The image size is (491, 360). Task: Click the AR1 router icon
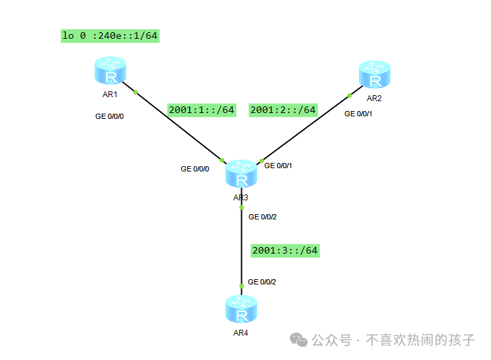(x=110, y=71)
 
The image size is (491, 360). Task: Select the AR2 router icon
(x=375, y=74)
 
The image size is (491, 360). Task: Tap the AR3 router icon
(x=241, y=173)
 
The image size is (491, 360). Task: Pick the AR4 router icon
(x=241, y=309)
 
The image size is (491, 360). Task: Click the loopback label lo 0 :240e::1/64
(x=110, y=35)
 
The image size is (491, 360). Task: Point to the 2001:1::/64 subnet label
(x=202, y=110)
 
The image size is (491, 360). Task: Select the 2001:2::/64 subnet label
(x=283, y=110)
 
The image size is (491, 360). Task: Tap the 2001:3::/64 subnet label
(x=285, y=251)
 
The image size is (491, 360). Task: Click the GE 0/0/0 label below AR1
(x=109, y=116)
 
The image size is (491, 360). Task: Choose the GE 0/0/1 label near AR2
(x=358, y=114)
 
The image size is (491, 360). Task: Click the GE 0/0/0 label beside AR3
(x=195, y=169)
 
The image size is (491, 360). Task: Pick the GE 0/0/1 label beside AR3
(x=278, y=166)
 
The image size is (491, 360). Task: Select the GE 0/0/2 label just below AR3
(x=262, y=217)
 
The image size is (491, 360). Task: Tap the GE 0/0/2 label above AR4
(x=262, y=282)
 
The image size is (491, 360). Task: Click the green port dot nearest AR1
(x=135, y=93)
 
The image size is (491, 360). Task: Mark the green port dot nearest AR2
(x=350, y=95)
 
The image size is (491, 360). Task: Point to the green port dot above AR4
(x=241, y=286)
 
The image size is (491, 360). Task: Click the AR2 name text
(x=374, y=99)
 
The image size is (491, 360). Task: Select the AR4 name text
(x=241, y=333)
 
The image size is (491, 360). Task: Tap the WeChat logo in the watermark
(x=298, y=340)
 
